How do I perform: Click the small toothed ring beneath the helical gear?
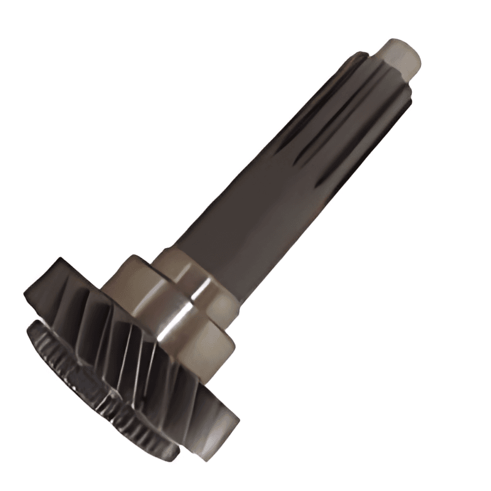98,399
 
